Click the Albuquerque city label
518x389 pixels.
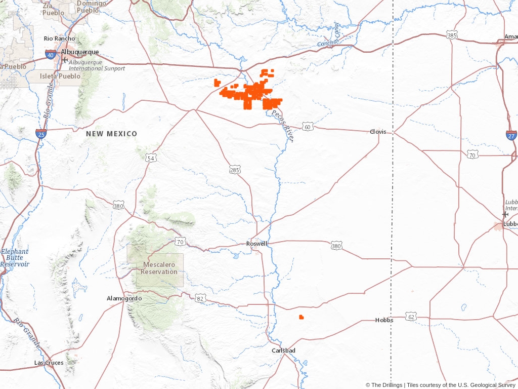tap(80, 52)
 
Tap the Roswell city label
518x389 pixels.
tap(256, 244)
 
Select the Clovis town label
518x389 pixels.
tap(378, 132)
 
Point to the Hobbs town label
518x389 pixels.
tap(384, 320)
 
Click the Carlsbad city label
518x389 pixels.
tap(283, 351)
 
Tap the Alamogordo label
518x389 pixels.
tap(124, 298)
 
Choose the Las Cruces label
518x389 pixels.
tap(49, 363)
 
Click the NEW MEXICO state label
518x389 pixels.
tap(111, 134)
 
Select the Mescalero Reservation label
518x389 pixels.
tap(160, 268)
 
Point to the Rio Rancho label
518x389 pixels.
tap(60, 38)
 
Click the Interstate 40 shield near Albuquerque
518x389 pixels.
tap(50, 54)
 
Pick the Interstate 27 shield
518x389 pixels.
tap(511, 135)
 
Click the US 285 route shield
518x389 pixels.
tap(234, 170)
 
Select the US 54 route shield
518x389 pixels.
tap(151, 159)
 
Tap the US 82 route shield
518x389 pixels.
tap(201, 299)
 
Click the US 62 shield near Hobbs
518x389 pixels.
tap(411, 317)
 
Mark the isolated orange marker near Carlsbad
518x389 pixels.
tap(301, 317)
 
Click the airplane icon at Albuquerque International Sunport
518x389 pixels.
tap(64, 60)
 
